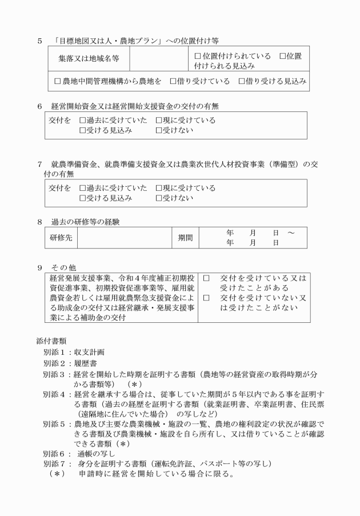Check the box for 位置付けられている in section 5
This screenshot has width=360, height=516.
click(x=198, y=56)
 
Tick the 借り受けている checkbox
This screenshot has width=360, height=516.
click(x=173, y=81)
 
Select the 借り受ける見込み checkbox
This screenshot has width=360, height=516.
click(x=241, y=81)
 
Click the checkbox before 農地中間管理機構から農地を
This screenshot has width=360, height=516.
click(x=57, y=81)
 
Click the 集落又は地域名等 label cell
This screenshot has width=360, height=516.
click(x=89, y=59)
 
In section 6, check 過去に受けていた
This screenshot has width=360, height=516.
click(x=83, y=121)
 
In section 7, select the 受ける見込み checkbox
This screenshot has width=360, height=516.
click(x=83, y=198)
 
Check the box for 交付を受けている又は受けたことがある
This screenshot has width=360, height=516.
click(x=206, y=278)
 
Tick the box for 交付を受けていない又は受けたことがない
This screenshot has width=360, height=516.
click(x=206, y=298)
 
